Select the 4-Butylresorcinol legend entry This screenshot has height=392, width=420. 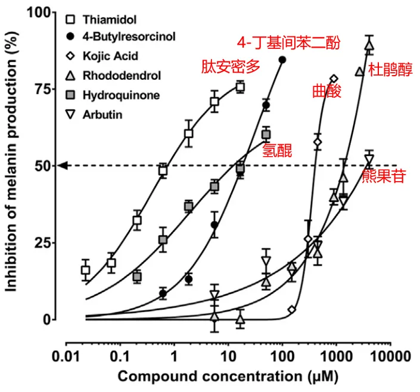pyautogui.click(x=120, y=37)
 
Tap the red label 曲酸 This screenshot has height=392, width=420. pyautogui.click(x=326, y=92)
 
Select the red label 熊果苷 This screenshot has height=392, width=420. pyautogui.click(x=384, y=176)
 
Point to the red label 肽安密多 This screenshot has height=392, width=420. pyautogui.click(x=231, y=67)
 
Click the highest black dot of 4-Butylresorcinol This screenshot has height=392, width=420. pyautogui.click(x=282, y=60)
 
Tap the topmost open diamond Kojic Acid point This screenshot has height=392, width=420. pyautogui.click(x=334, y=79)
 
